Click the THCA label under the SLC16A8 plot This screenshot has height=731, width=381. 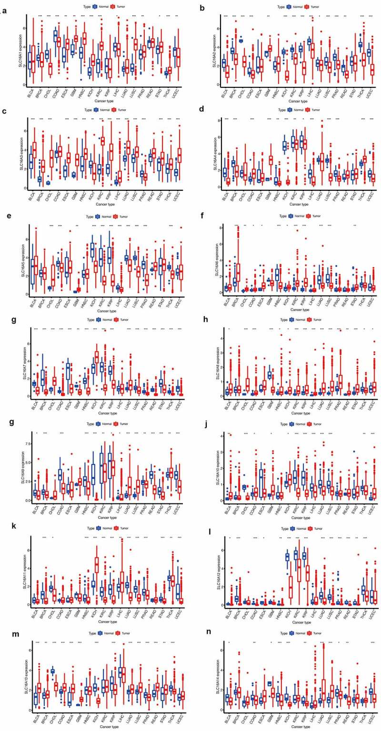(362, 406)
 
